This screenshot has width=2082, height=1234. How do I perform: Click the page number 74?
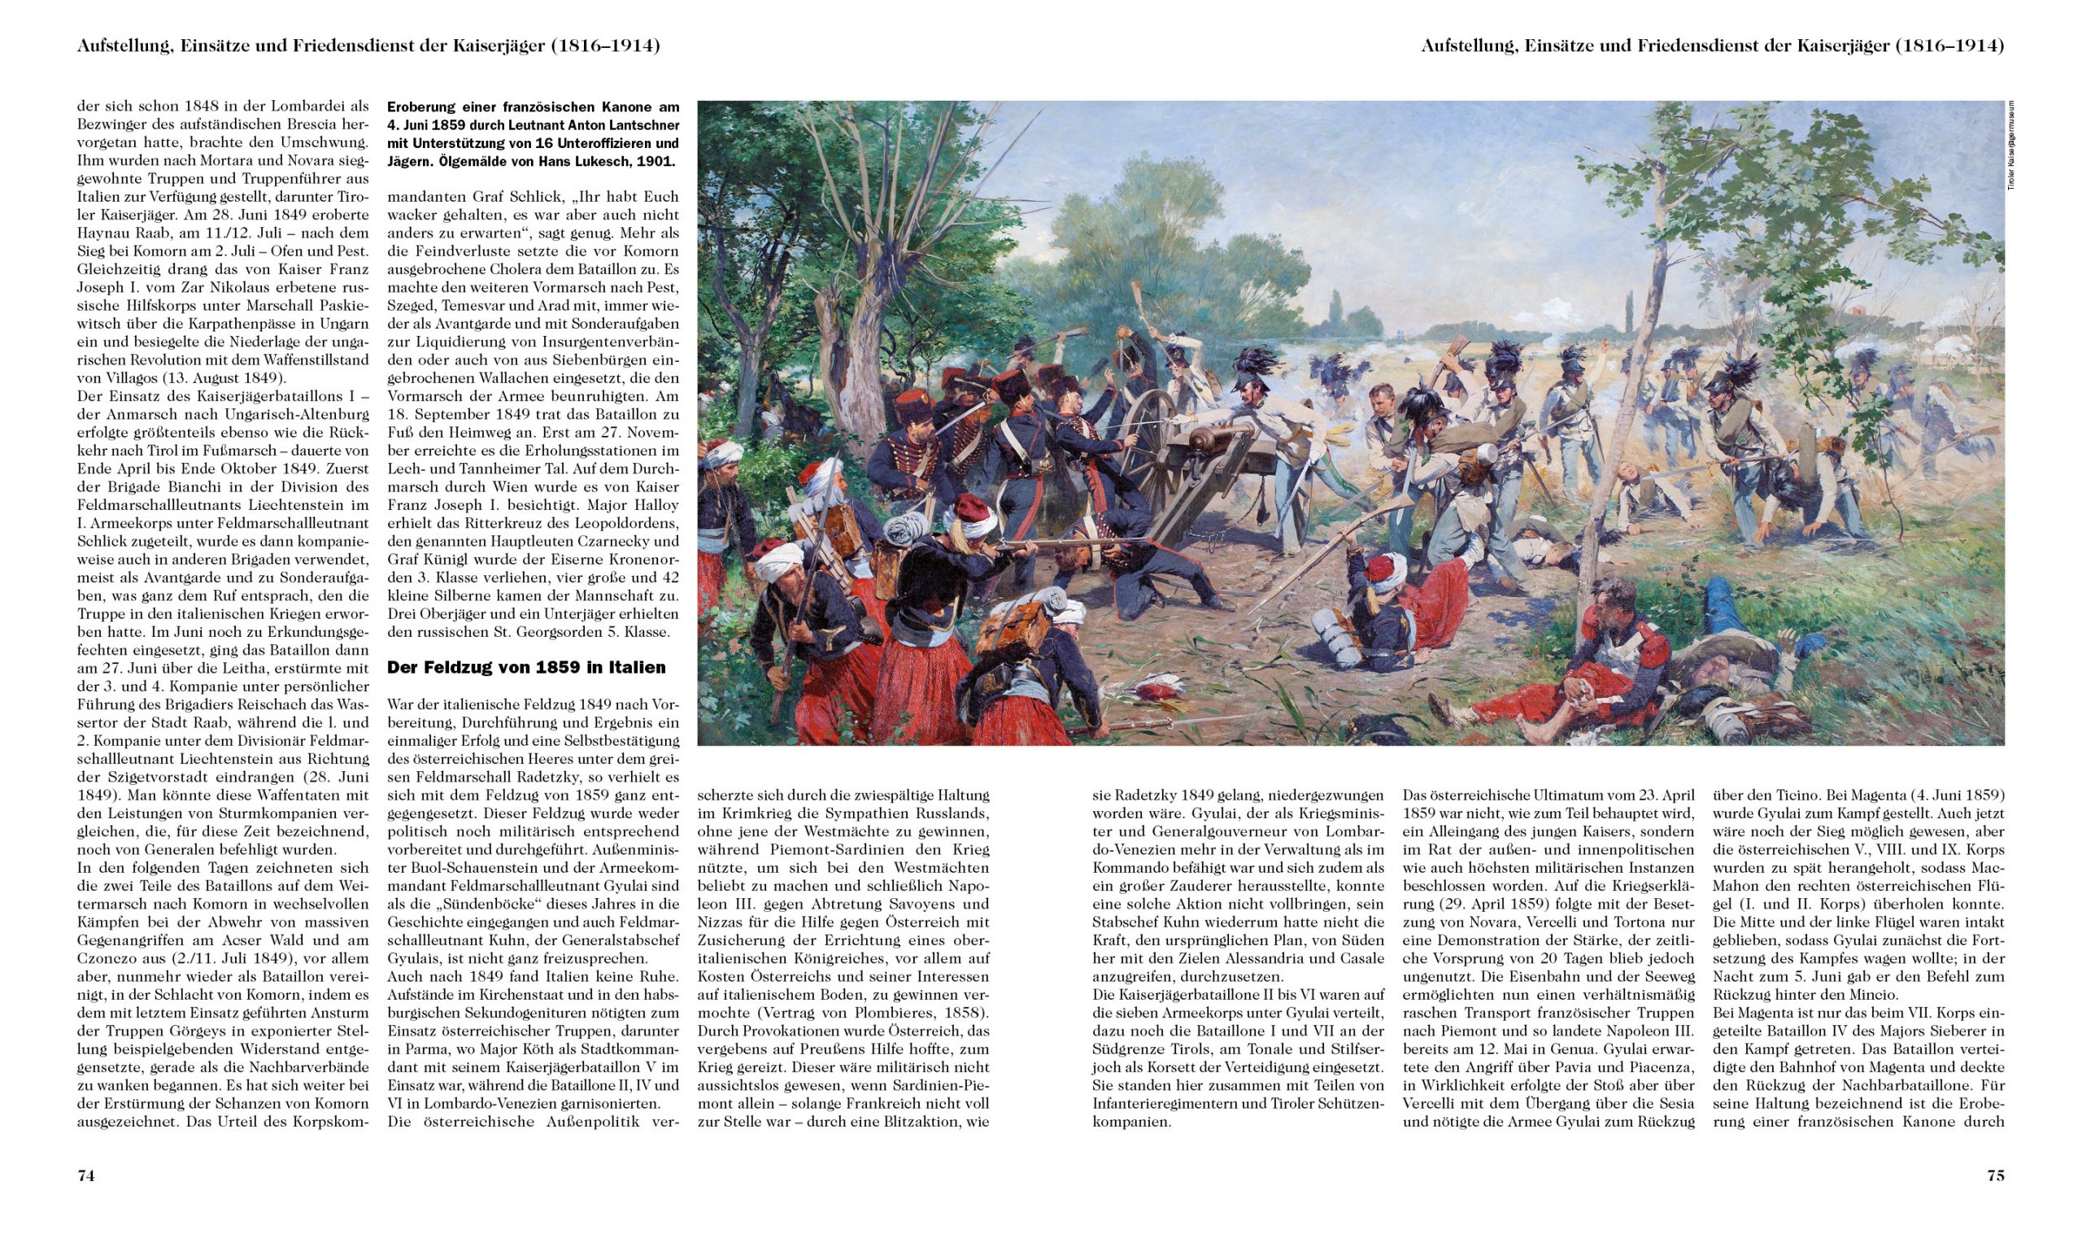point(85,1175)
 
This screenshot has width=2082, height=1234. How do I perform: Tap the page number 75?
point(1995,1175)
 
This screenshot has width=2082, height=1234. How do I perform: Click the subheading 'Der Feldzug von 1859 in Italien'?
point(526,667)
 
